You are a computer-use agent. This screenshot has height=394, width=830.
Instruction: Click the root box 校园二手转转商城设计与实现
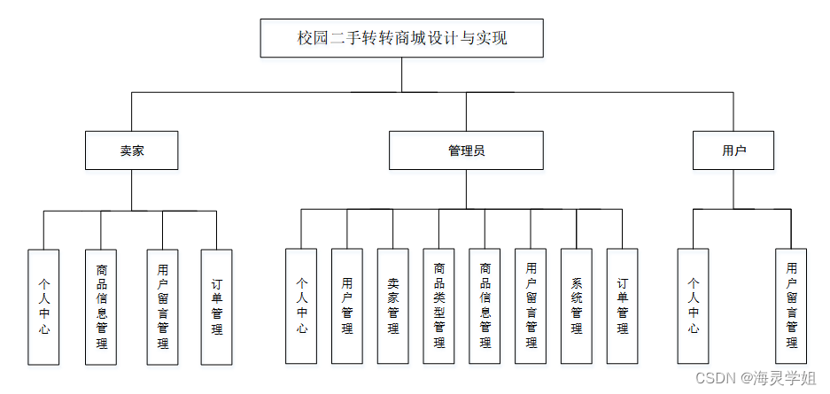click(401, 39)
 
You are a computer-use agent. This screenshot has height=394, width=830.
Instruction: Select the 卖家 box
click(132, 151)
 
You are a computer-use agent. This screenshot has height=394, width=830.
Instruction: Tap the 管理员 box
click(466, 151)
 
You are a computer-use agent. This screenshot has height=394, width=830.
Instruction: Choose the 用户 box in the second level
click(733, 151)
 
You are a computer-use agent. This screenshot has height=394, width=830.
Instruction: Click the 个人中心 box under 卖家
click(43, 306)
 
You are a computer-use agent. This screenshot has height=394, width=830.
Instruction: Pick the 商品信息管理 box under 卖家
click(101, 306)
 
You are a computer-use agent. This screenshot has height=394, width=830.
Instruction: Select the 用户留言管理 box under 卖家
click(162, 306)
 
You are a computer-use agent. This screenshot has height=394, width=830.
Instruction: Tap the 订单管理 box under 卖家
click(217, 306)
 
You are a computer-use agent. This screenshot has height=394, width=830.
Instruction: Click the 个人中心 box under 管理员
click(301, 306)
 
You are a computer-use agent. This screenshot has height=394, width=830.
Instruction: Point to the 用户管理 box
click(347, 306)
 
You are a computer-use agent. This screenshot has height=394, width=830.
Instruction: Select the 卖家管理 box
click(392, 306)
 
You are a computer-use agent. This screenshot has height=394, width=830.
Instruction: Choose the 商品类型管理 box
click(438, 306)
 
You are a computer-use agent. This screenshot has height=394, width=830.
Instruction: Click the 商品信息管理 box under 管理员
click(485, 306)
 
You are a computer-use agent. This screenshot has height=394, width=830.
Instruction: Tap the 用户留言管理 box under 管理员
click(531, 306)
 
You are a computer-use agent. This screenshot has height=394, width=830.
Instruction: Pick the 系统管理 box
click(577, 306)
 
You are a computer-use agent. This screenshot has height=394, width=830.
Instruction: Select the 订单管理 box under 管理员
click(622, 306)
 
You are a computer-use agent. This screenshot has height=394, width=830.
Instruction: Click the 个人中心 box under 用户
click(694, 306)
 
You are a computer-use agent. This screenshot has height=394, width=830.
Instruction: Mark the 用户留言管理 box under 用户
click(791, 306)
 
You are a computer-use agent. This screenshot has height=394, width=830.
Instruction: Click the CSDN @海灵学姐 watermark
click(756, 378)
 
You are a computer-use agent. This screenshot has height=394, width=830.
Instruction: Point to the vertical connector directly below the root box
click(401, 74)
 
